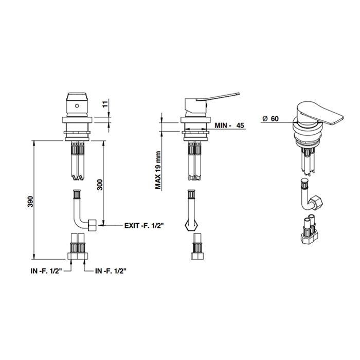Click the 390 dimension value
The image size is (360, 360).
coord(30,202)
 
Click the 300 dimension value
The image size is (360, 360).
coord(100,184)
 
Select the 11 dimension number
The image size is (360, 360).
coord(105,104)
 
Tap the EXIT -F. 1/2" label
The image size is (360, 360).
coord(144,225)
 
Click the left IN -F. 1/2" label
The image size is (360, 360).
coord(47,271)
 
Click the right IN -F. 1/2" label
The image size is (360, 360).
coord(111,271)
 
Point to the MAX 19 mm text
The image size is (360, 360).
coord(158,170)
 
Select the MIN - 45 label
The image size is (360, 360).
coord(229,125)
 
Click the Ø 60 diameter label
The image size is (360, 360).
coord(271,118)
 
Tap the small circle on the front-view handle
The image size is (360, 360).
coord(77,106)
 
